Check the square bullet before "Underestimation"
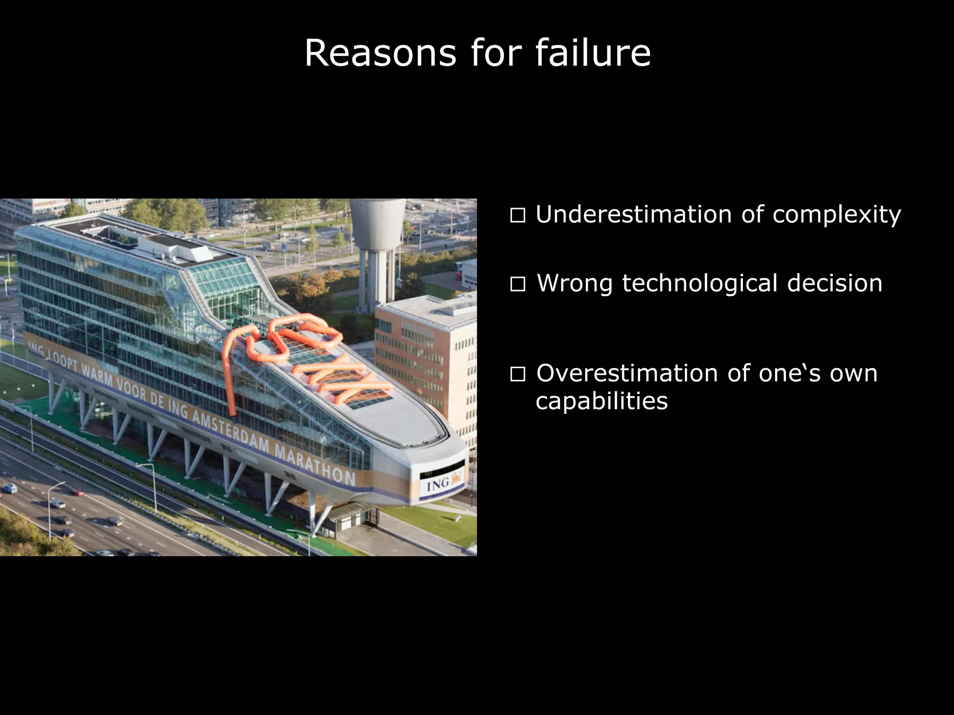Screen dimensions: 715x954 [518, 216]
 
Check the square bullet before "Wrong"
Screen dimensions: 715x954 [518, 284]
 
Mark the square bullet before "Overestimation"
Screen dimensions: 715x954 [518, 374]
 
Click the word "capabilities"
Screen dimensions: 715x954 [601, 401]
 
